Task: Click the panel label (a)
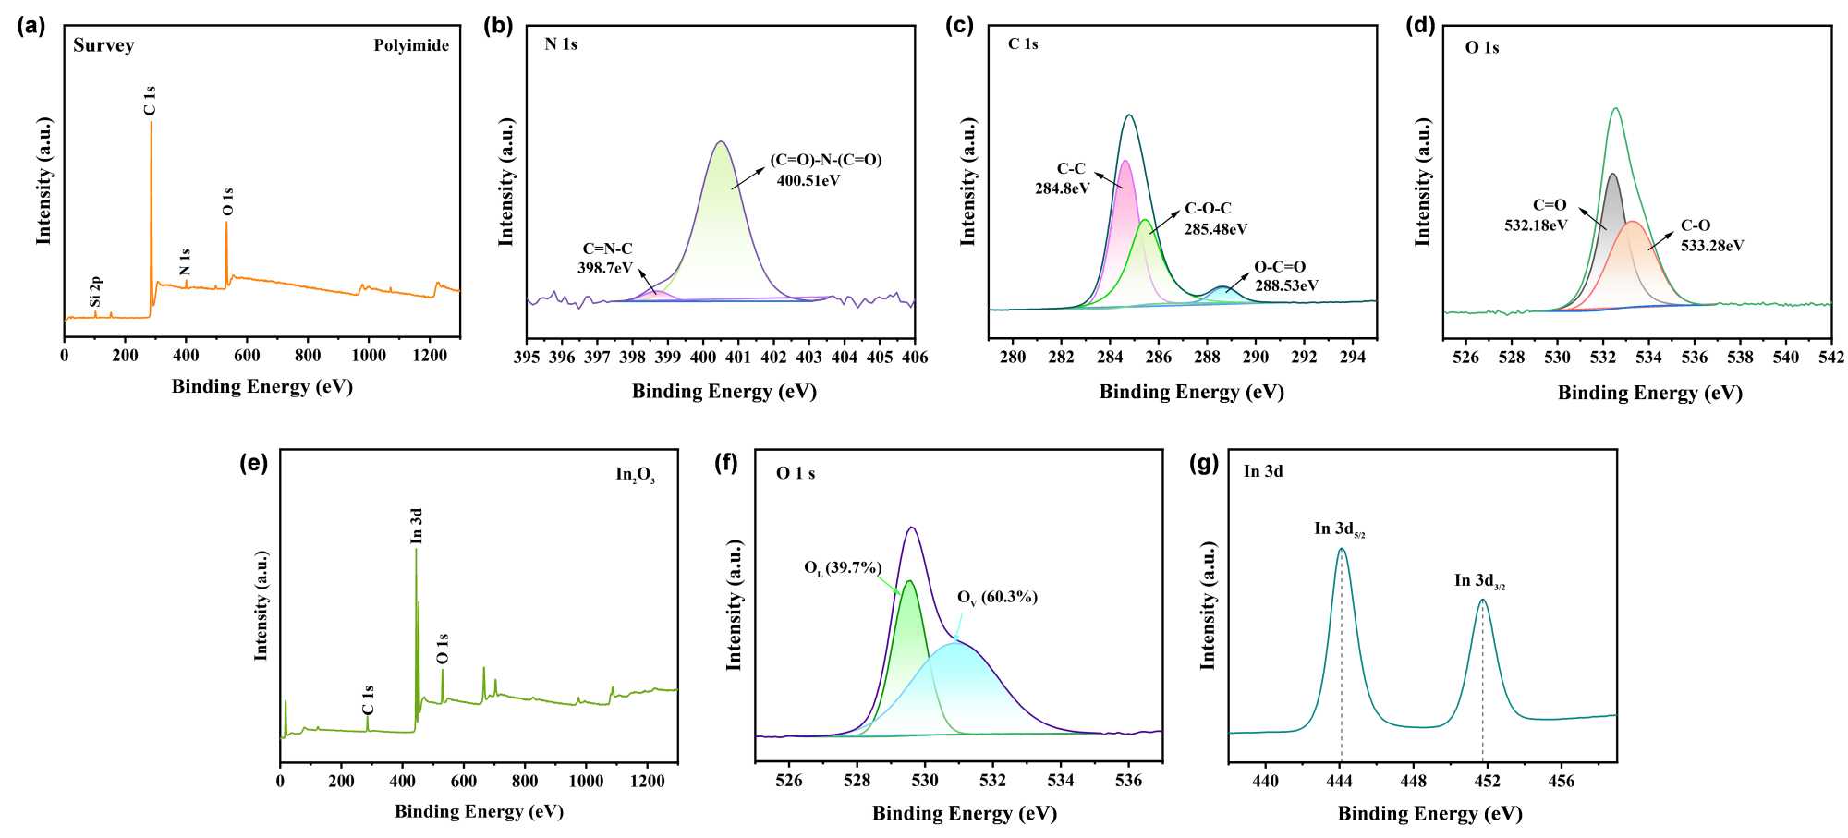click(30, 25)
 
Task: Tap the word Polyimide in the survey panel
click(411, 45)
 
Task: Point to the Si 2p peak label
click(96, 291)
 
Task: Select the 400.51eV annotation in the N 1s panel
click(808, 181)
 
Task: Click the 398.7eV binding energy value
click(605, 268)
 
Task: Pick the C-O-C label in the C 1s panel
click(1208, 209)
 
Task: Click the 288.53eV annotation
click(1286, 285)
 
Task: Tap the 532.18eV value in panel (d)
click(1536, 225)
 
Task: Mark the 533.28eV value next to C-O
click(1712, 246)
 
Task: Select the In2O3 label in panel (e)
click(636, 475)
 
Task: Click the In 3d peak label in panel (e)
click(417, 526)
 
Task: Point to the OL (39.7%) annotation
click(843, 568)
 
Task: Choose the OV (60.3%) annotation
click(997, 598)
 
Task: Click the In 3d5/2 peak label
click(1340, 529)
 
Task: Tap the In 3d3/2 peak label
click(1479, 581)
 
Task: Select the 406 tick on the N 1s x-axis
click(915, 358)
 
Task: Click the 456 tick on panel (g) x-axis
click(1562, 781)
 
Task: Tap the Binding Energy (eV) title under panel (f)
click(965, 813)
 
